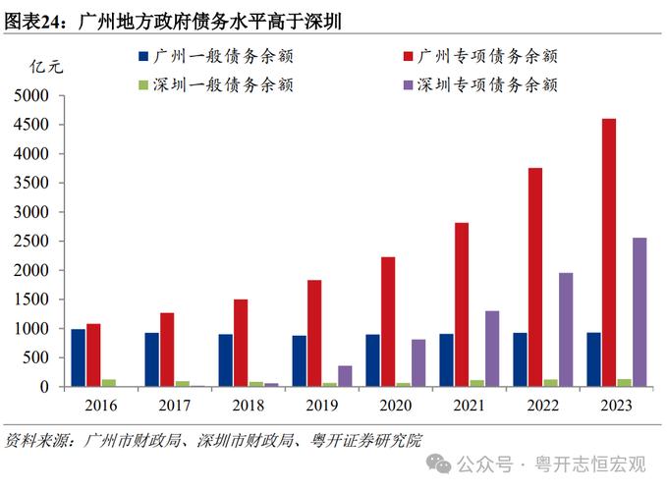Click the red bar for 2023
(x=609, y=252)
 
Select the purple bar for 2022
(x=566, y=330)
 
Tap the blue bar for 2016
(x=78, y=357)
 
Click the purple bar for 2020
(x=418, y=362)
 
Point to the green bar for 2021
(x=476, y=383)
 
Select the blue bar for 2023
(x=593, y=359)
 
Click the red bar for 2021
(x=462, y=304)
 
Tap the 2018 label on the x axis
(x=249, y=405)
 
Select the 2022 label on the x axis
(x=543, y=405)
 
